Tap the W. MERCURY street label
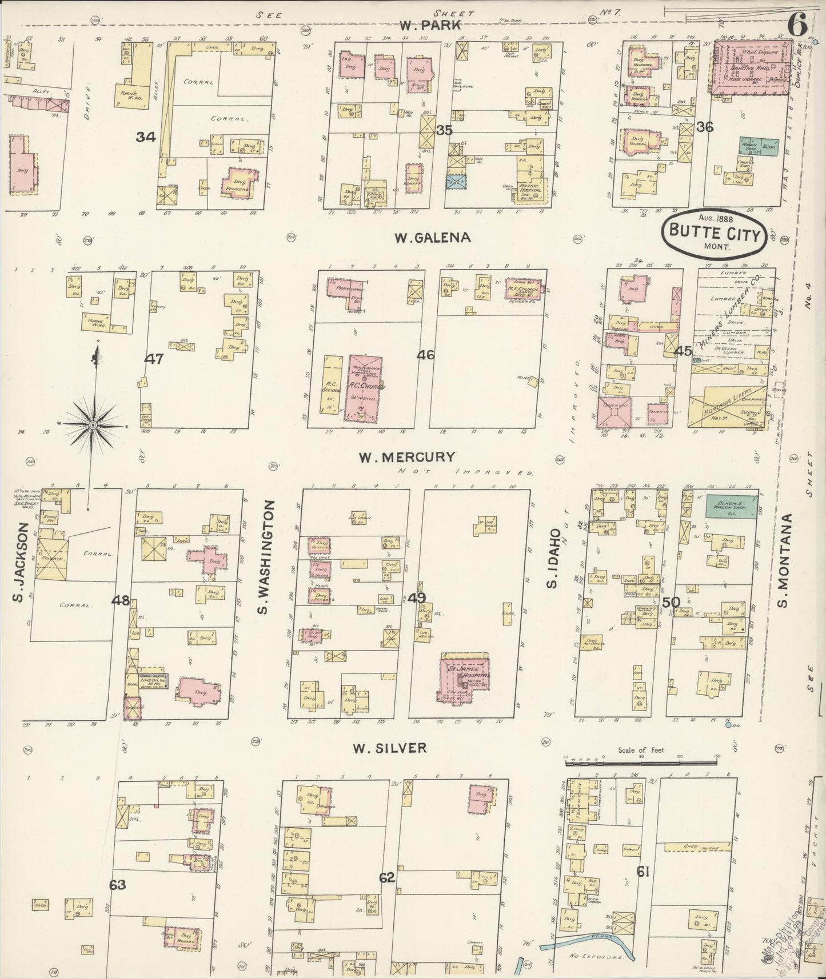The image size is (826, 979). pyautogui.click(x=406, y=457)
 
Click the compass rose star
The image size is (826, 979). pyautogui.click(x=91, y=425)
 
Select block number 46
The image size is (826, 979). pyautogui.click(x=425, y=355)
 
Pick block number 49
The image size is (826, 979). pyautogui.click(x=417, y=599)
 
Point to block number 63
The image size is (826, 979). pyautogui.click(x=118, y=885)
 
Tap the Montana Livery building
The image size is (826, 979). pyautogui.click(x=726, y=408)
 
